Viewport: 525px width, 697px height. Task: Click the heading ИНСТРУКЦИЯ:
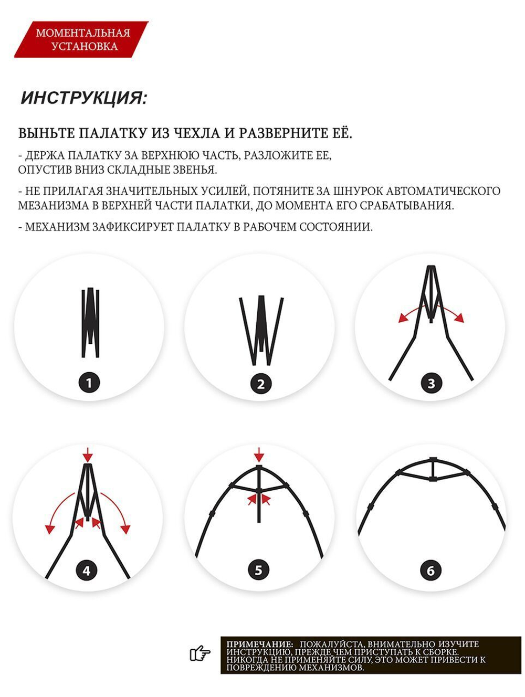84,98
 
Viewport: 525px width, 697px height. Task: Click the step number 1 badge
89,383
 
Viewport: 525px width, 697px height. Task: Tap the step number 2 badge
261,384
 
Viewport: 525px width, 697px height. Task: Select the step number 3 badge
431,383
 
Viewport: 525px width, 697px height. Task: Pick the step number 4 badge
87,571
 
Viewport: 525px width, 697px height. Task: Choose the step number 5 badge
258,570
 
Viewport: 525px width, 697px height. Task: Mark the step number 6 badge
430,570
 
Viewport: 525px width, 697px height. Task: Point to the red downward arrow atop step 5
259,454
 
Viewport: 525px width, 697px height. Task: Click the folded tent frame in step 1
90,322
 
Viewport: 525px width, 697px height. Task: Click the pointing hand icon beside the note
199,654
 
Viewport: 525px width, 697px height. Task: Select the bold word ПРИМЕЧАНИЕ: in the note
259,644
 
